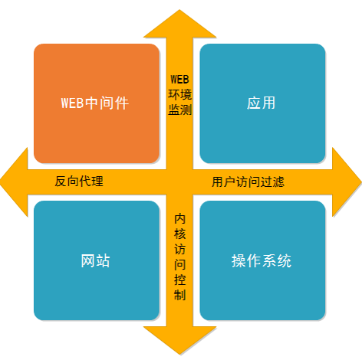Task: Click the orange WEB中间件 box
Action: coord(97,103)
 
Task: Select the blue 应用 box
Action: coord(262,103)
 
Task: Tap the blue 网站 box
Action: coord(97,260)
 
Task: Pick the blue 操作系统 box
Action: coord(262,260)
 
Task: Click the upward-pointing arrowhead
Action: coord(179,25)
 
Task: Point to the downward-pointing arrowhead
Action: coord(179,339)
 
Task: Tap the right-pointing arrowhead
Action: coord(347,182)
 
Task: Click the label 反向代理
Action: coord(79,182)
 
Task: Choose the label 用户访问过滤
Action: coord(248,182)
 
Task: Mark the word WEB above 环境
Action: coord(179,80)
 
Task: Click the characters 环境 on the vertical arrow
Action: coord(179,94)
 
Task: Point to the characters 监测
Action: coord(179,110)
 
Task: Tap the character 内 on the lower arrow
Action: coord(179,219)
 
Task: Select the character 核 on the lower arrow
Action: coord(179,234)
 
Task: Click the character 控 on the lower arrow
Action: coord(179,280)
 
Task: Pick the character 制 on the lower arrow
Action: coord(179,295)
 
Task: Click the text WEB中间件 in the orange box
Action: coord(95,103)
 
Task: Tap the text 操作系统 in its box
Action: coord(262,260)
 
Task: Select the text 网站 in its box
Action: coord(95,260)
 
